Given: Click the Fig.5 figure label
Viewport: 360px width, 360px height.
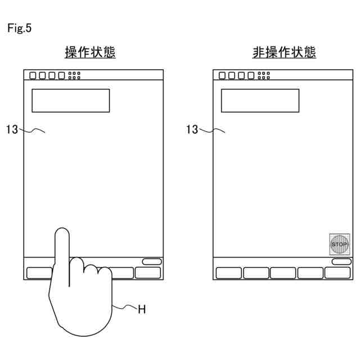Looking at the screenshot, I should pyautogui.click(x=19, y=29).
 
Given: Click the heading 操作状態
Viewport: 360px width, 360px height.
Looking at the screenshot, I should pyautogui.click(x=91, y=53).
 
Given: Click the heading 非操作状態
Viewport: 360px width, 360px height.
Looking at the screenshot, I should pyautogui.click(x=284, y=53).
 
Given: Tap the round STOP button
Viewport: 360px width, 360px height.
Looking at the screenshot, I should pyautogui.click(x=339, y=244).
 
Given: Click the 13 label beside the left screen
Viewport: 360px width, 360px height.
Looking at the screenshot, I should pyautogui.click(x=12, y=130).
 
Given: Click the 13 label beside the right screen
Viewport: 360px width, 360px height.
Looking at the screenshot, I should pyautogui.click(x=192, y=130).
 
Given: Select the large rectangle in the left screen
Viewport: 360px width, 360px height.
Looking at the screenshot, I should pyautogui.click(x=70, y=101).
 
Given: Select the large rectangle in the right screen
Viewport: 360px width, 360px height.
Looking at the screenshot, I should pyautogui.click(x=260, y=101).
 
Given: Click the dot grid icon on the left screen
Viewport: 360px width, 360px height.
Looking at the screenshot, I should pyautogui.click(x=74, y=75).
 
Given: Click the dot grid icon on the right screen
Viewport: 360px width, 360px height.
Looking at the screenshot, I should pyautogui.click(x=264, y=75).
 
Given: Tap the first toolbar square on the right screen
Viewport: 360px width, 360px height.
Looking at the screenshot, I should pyautogui.click(x=222, y=75).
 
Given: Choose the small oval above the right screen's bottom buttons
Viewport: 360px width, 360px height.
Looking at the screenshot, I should pyautogui.click(x=341, y=262).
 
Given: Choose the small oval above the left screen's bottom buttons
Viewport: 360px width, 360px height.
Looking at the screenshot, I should pyautogui.click(x=151, y=262).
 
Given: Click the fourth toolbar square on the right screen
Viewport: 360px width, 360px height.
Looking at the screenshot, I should pyautogui.click(x=251, y=75).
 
